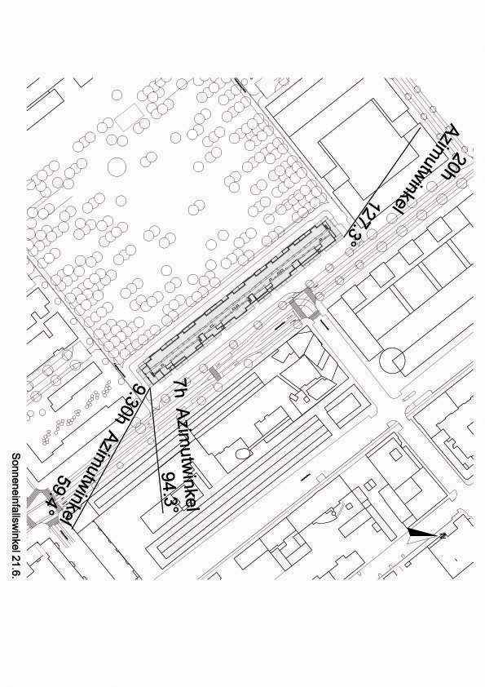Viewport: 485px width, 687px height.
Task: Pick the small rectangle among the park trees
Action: tap(129, 116)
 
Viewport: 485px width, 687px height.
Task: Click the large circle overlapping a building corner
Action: tap(393, 360)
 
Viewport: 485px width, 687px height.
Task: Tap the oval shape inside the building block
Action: tap(243, 453)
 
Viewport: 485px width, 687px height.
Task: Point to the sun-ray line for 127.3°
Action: tap(383, 182)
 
